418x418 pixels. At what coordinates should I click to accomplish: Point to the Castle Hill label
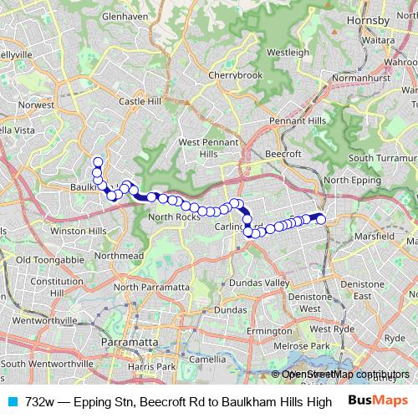click(140, 101)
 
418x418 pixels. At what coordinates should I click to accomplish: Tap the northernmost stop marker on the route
click(98, 162)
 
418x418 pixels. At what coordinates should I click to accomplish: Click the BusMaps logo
click(377, 400)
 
